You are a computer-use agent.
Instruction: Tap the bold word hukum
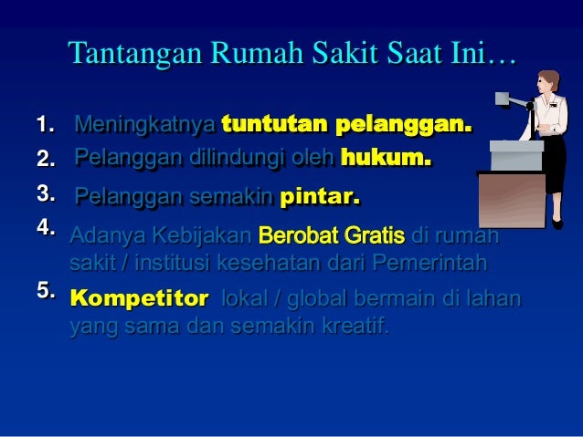click(x=385, y=160)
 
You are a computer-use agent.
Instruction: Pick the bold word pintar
click(x=320, y=196)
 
